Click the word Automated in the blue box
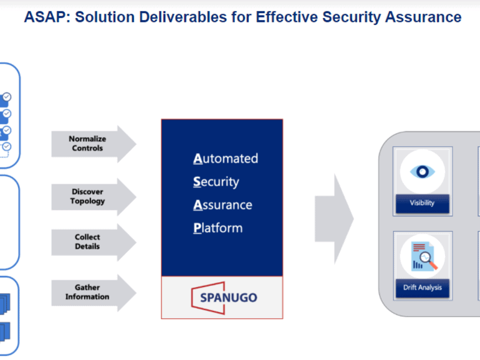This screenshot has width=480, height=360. (226, 158)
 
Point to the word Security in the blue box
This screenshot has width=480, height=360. (216, 182)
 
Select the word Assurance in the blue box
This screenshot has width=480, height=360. (223, 205)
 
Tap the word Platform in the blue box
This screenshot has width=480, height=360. (218, 228)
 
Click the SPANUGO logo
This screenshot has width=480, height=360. (224, 298)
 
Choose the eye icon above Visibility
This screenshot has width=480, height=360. (423, 171)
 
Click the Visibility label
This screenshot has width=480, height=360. (423, 203)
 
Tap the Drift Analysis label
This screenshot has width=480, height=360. (423, 288)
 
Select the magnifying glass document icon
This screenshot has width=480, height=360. (425, 256)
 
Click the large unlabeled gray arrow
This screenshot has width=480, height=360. (334, 219)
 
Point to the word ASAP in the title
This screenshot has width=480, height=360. (47, 17)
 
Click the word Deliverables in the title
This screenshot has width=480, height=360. (183, 17)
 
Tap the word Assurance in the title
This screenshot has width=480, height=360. (423, 17)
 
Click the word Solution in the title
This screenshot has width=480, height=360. (105, 17)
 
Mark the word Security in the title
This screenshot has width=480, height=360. (352, 17)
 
